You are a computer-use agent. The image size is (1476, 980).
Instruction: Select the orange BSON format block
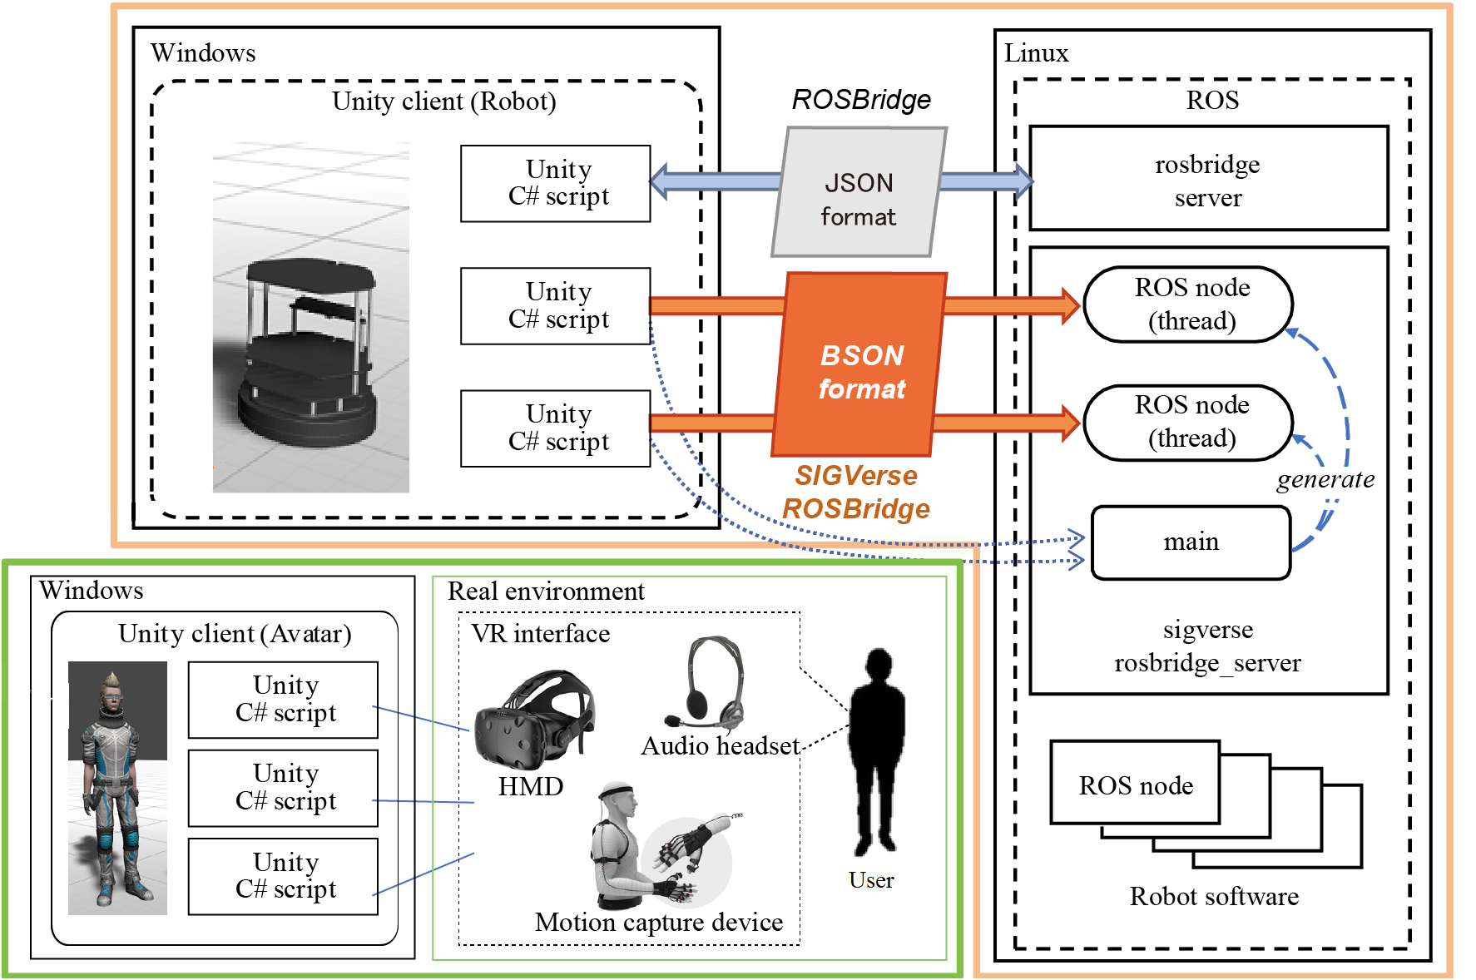(x=860, y=366)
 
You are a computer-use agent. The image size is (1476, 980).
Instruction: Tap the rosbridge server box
(x=1208, y=179)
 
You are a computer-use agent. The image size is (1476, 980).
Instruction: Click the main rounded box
(x=1191, y=542)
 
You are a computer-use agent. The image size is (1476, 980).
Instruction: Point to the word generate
(x=1325, y=479)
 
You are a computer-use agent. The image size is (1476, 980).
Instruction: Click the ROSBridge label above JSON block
(x=861, y=100)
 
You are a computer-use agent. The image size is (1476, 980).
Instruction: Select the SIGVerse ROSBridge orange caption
(x=856, y=492)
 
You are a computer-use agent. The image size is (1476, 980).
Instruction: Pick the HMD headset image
(x=533, y=720)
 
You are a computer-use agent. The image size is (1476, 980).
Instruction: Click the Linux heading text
(x=1036, y=53)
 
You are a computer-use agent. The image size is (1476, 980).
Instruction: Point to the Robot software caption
(x=1214, y=896)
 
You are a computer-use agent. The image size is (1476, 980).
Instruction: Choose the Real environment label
(x=546, y=591)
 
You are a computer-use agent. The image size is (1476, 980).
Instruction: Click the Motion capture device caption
(x=659, y=922)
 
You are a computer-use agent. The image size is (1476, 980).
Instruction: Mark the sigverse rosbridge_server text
(x=1207, y=646)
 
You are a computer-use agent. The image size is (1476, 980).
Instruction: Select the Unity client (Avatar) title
(x=235, y=634)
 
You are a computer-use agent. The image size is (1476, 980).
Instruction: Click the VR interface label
(x=541, y=634)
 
